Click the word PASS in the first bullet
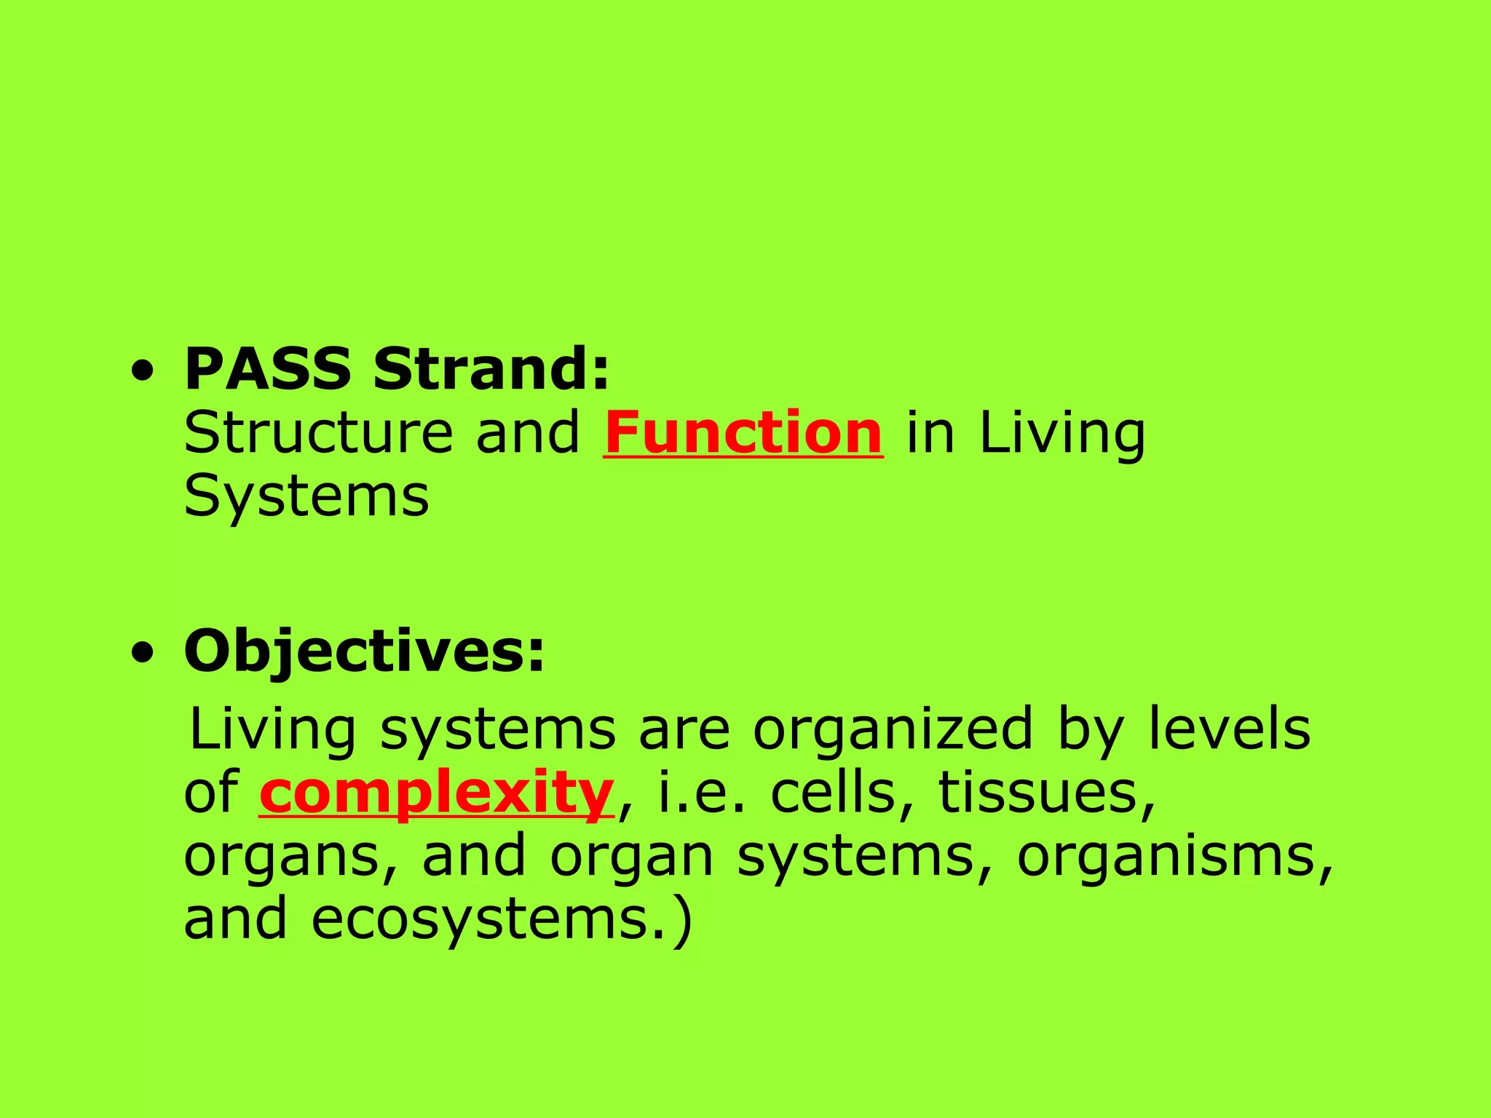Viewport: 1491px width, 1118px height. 268,369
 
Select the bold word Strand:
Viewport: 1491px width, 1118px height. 491,369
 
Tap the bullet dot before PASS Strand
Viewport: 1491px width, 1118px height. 143,372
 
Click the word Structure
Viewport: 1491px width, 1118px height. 319,433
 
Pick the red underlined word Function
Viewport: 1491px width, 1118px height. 743,433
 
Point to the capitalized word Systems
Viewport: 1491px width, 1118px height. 306,496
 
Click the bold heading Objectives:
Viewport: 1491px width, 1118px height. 364,651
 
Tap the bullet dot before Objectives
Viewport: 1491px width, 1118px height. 143,654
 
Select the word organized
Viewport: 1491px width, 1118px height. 893,729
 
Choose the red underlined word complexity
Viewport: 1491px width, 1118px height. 437,793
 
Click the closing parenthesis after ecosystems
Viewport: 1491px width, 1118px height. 682,921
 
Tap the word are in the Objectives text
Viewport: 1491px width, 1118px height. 684,729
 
